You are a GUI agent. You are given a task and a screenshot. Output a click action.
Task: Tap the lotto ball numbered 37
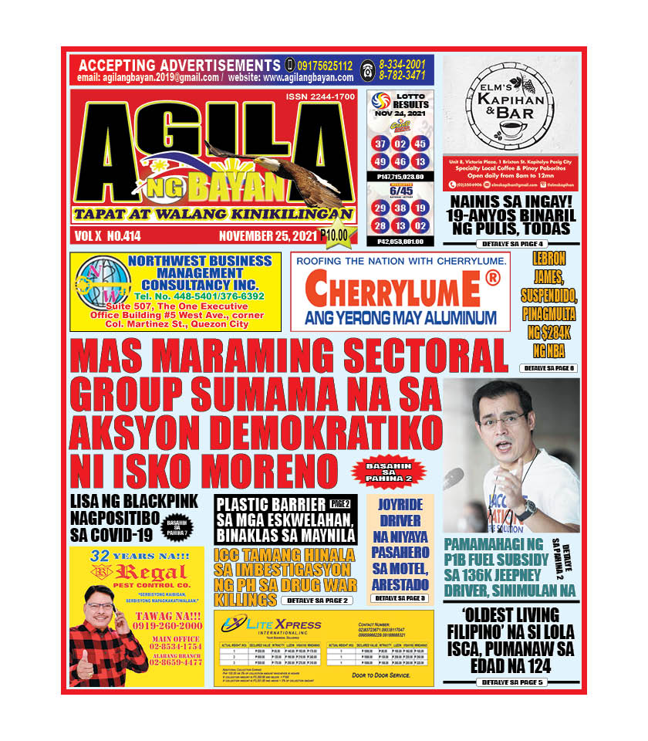pyautogui.click(x=380, y=144)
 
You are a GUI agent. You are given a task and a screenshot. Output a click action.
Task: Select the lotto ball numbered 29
pyautogui.click(x=380, y=208)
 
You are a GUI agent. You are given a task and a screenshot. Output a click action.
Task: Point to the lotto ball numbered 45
pyautogui.click(x=420, y=144)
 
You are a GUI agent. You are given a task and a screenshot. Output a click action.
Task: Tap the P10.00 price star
pyautogui.click(x=334, y=235)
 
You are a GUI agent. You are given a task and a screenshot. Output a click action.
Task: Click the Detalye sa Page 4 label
pyautogui.click(x=511, y=244)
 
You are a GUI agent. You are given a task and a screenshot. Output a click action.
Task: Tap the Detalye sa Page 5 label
pyautogui.click(x=511, y=682)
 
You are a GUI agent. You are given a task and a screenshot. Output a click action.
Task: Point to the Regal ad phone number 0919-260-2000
pyautogui.click(x=167, y=625)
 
